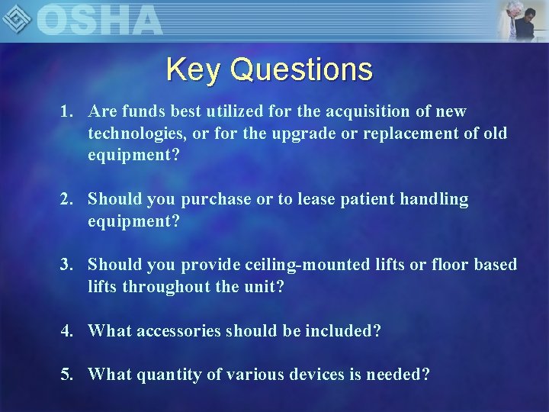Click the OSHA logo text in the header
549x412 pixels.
(99, 20)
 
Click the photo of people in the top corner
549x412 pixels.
(522, 21)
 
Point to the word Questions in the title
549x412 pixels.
(301, 69)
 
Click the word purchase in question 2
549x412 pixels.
(215, 199)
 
